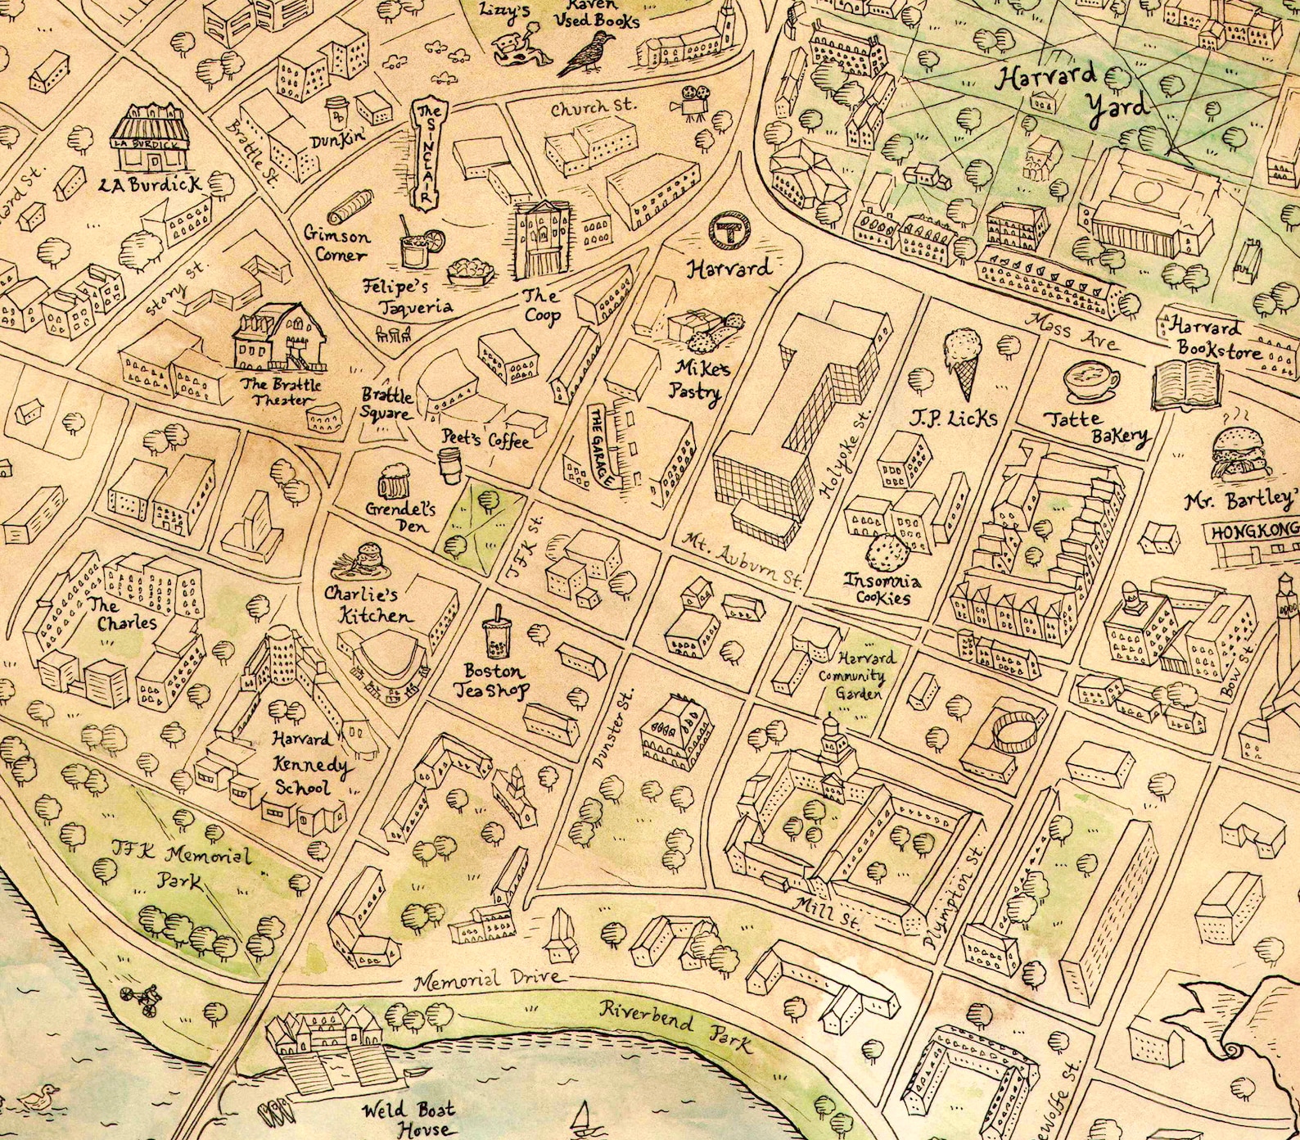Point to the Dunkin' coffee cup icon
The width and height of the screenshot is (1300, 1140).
pyautogui.click(x=336, y=111)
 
